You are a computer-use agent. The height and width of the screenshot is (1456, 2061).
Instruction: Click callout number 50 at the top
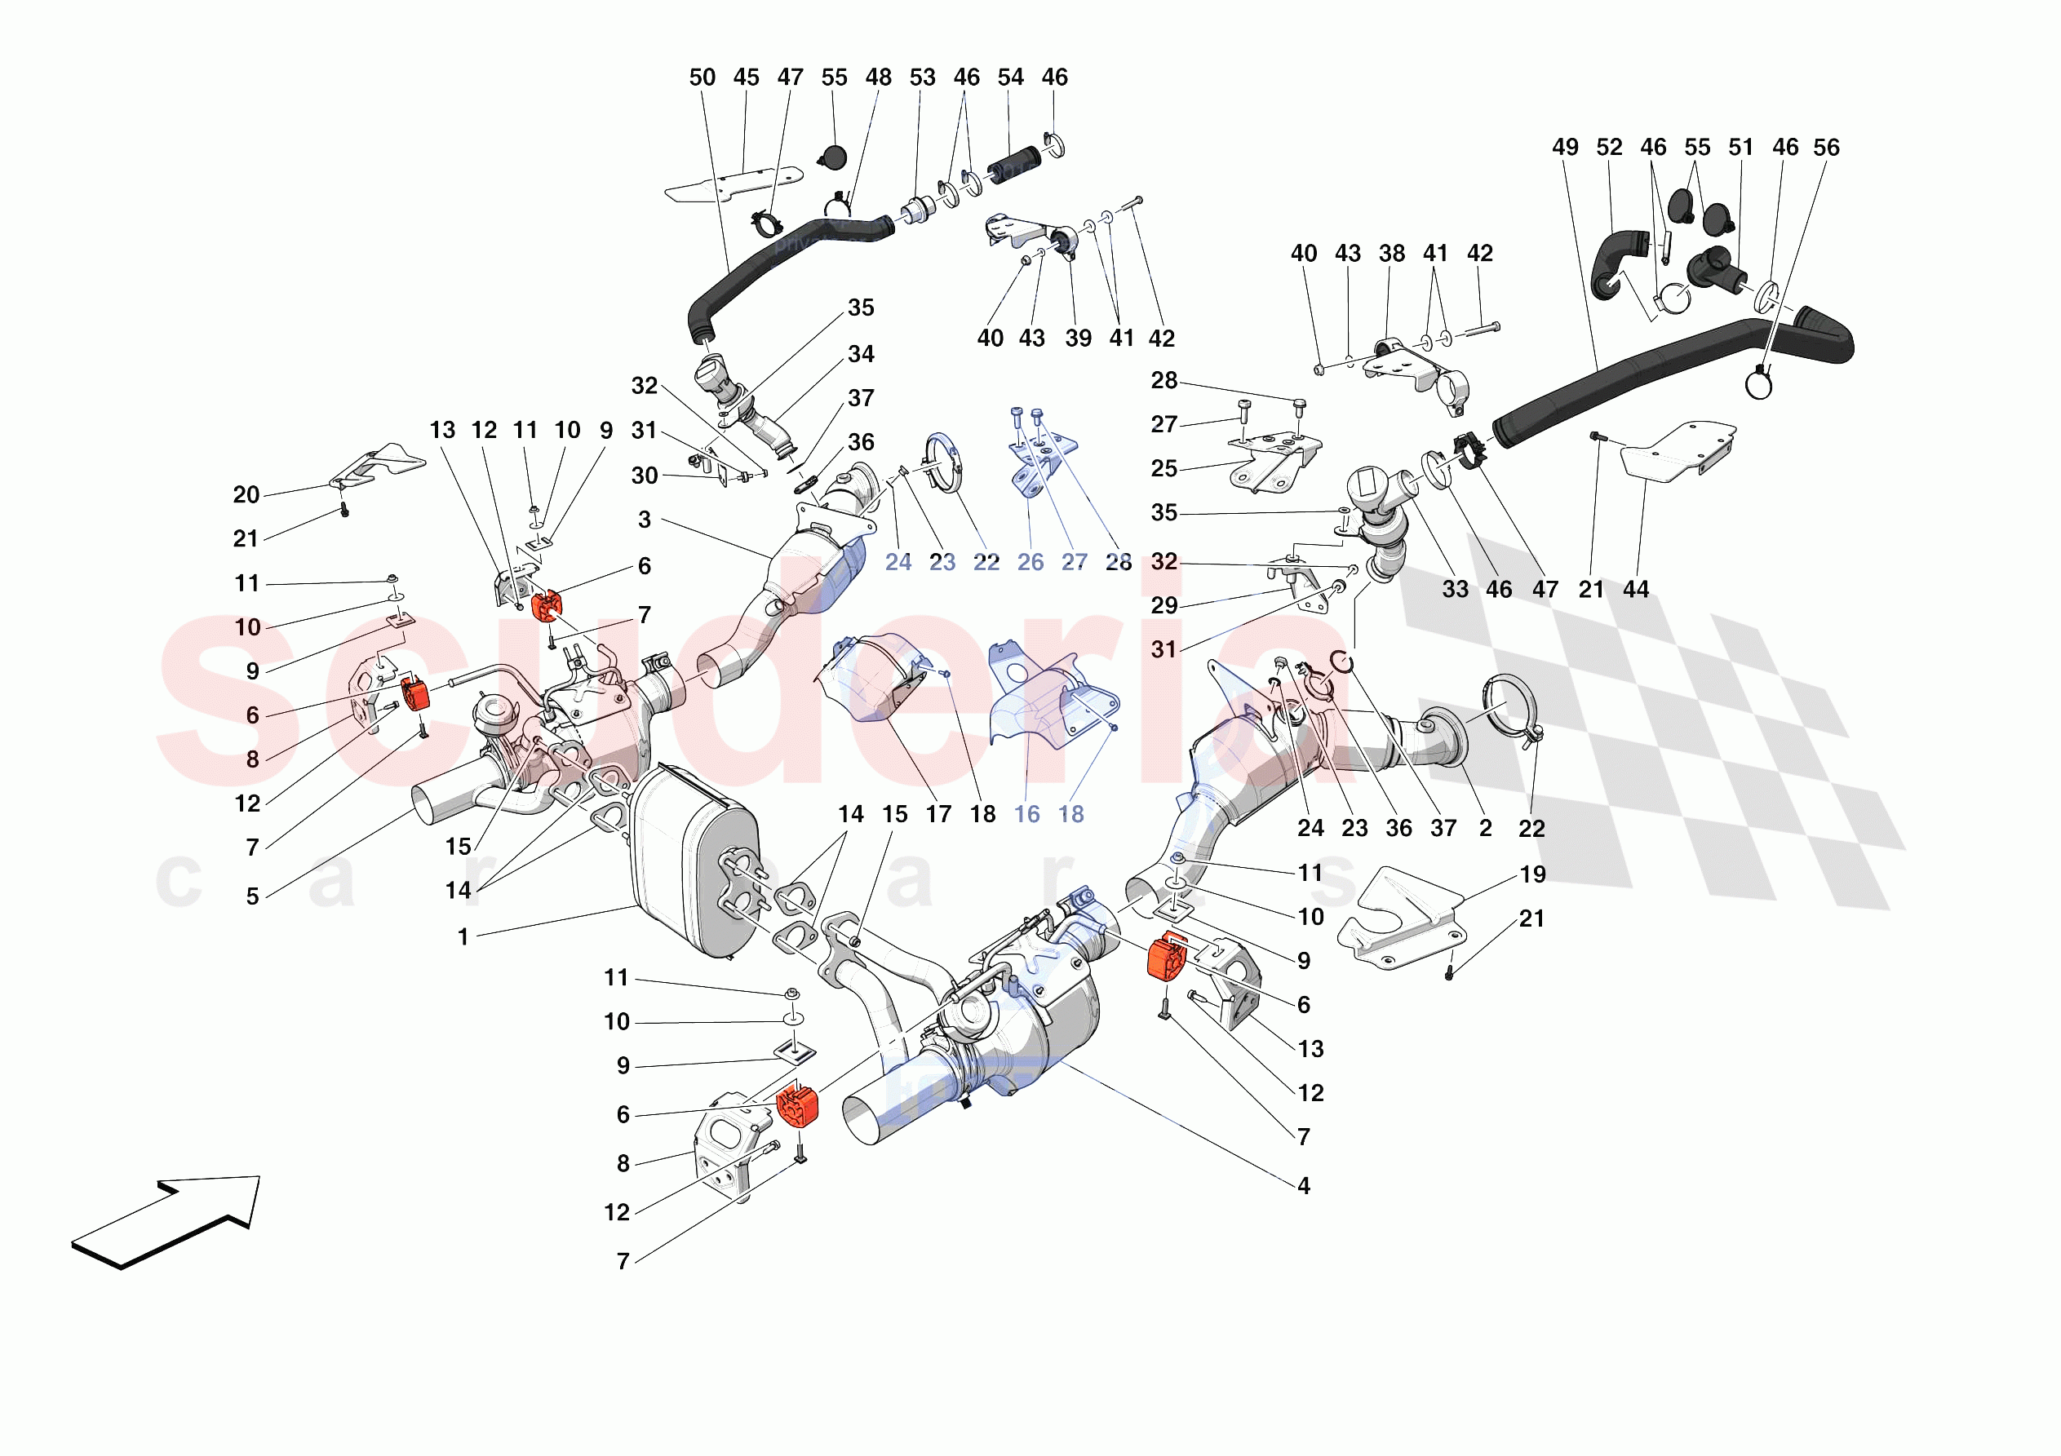[x=702, y=78]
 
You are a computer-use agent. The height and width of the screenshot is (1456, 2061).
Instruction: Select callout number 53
[x=922, y=78]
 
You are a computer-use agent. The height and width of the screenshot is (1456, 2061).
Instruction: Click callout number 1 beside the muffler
[x=463, y=937]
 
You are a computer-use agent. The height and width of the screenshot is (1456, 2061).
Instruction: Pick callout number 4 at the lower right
[x=1303, y=1186]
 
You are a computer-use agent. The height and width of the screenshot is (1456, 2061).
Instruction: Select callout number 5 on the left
[x=252, y=896]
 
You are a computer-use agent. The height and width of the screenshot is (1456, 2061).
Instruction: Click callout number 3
[x=645, y=520]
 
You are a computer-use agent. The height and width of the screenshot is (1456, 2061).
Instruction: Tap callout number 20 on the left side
[x=246, y=494]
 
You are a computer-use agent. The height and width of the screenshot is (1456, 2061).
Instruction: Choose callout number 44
[x=1636, y=590]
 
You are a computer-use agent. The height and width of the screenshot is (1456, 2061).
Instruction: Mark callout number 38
[x=1391, y=254]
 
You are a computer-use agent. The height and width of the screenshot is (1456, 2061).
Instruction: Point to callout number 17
[x=939, y=814]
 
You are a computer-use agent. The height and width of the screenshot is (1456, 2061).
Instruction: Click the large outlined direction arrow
[x=166, y=1223]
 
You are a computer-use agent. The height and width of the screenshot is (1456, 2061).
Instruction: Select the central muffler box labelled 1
[x=693, y=861]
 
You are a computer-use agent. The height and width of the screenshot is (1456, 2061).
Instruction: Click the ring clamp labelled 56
[x=1759, y=384]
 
